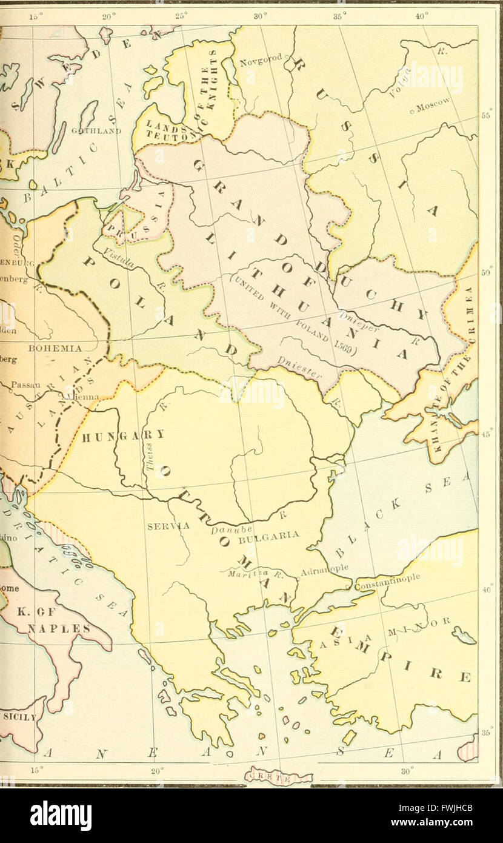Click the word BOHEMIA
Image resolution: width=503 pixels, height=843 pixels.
[55, 349]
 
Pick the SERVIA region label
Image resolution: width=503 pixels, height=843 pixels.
[162, 526]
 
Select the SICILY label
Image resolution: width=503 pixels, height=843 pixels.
[18, 716]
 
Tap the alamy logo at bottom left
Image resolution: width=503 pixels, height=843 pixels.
[61, 815]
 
